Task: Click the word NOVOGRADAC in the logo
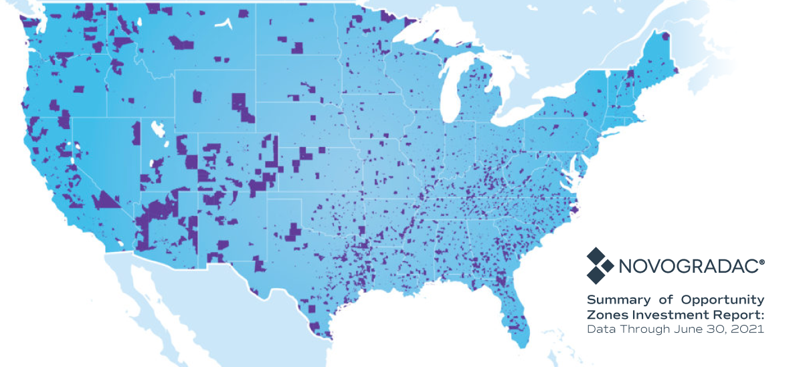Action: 689,267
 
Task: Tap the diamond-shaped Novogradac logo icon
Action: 600,265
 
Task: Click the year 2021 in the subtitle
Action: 749,330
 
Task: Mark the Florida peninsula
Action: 515,314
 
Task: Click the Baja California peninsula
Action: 144,281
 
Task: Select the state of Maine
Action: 659,53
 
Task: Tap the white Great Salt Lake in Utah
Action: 156,126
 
